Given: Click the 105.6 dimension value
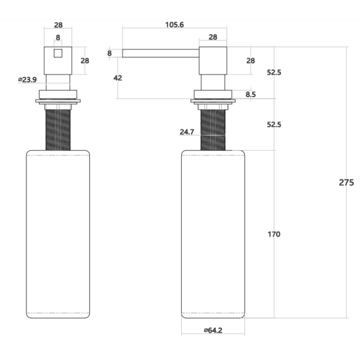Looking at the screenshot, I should pyautogui.click(x=175, y=25).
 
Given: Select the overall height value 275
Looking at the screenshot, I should pyautogui.click(x=346, y=182).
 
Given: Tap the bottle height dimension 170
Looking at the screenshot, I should pyautogui.click(x=274, y=234).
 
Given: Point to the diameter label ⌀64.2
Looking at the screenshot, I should pyautogui.click(x=213, y=330).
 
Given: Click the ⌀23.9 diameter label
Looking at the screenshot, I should pyautogui.click(x=27, y=79).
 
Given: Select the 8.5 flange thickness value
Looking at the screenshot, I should pyautogui.click(x=250, y=94).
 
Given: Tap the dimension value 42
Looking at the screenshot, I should pyautogui.click(x=118, y=78).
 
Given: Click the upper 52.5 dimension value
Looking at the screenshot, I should pyautogui.click(x=274, y=73).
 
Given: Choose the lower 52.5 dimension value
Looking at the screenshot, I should pyautogui.click(x=274, y=125).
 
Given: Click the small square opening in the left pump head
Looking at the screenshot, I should pyautogui.click(x=58, y=54).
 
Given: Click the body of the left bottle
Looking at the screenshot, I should pyautogui.click(x=58, y=234).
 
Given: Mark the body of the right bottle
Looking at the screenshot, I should pyautogui.click(x=213, y=234).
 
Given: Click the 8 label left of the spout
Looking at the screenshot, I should pyautogui.click(x=110, y=53).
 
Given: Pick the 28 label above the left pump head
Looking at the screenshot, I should pyautogui.click(x=58, y=25).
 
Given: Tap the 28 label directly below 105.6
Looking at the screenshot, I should pyautogui.click(x=213, y=37).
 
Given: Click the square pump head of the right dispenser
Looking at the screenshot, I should pyautogui.click(x=213, y=60).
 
